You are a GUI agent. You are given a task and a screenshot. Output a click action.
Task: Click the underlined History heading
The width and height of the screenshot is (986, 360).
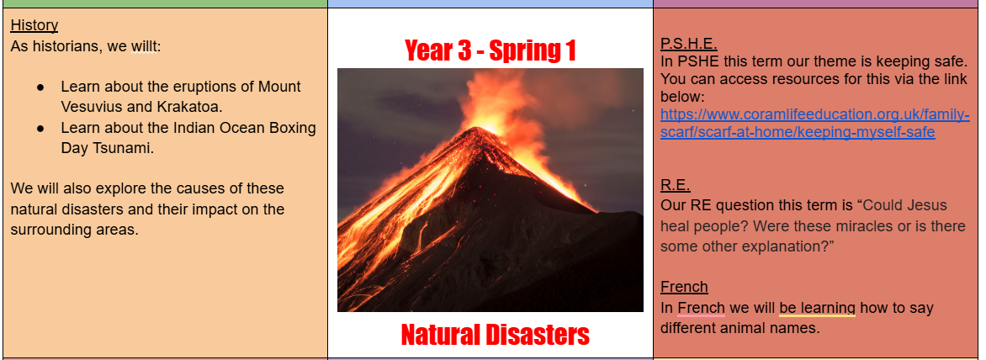[x=34, y=25]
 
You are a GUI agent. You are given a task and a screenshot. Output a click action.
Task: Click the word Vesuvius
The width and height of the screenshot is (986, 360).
[x=91, y=107]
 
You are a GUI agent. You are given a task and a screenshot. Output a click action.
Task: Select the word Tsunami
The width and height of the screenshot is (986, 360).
[x=122, y=148]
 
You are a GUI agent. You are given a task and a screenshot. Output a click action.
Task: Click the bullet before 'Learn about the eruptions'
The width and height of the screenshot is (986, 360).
[x=41, y=87]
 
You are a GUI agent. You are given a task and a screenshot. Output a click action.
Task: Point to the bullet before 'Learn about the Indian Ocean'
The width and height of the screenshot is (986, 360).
[x=41, y=128]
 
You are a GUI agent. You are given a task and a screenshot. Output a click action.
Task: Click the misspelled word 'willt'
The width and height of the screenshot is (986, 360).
[x=145, y=46]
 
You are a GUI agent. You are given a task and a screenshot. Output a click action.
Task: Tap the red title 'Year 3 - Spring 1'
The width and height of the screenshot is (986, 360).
[x=490, y=51]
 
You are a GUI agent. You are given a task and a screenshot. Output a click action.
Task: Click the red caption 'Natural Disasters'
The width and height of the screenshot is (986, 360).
[x=496, y=334]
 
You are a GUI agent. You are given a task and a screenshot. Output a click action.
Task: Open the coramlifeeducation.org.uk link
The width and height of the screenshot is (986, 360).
[x=815, y=124]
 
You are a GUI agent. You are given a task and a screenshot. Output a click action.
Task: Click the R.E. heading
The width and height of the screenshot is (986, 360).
[x=676, y=185]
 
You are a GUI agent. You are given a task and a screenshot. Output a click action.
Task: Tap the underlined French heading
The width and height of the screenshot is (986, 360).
[x=684, y=287]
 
